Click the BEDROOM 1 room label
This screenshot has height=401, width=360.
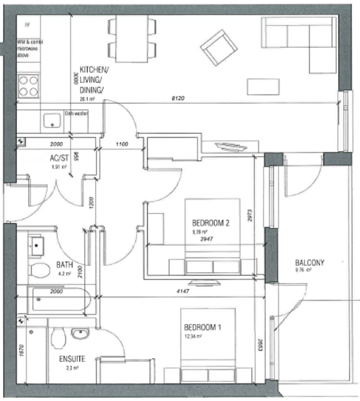click(202, 327)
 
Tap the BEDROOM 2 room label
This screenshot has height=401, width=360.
click(210, 223)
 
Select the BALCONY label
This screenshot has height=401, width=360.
click(309, 263)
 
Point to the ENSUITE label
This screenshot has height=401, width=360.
click(72, 359)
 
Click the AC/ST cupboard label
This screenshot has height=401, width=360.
click(59, 158)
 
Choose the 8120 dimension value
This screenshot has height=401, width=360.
click(178, 99)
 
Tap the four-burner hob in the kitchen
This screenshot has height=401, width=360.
click(28, 86)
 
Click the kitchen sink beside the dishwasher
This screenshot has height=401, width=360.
click(52, 121)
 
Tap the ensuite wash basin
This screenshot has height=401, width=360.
click(80, 333)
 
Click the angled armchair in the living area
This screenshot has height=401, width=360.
click(219, 48)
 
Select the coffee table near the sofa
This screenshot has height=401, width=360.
click(263, 87)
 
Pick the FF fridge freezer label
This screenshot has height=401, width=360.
click(27, 25)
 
